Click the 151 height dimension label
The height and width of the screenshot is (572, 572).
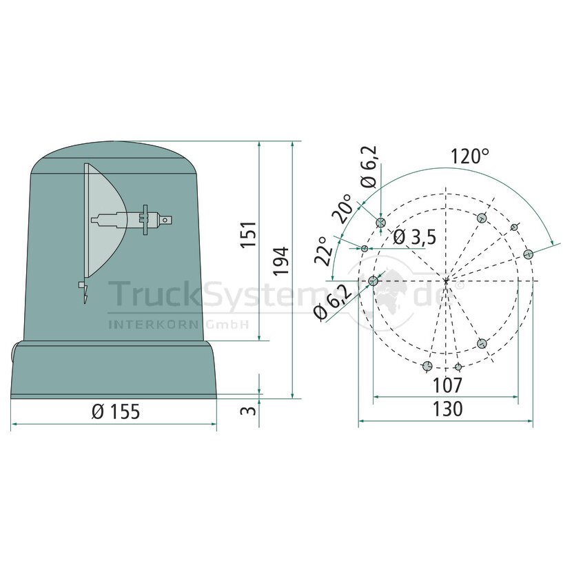tap(249, 234)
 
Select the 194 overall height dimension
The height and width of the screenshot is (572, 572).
tap(282, 261)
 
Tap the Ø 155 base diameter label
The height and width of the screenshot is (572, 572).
tap(116, 412)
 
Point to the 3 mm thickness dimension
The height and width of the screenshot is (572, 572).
tap(248, 410)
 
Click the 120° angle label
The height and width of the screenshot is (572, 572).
tap(469, 156)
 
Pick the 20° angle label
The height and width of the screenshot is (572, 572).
tap(343, 208)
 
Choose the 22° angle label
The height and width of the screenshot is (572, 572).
tap(323, 251)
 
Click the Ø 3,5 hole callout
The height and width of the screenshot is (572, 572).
tap(415, 238)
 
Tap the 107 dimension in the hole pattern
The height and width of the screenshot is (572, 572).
tap(447, 385)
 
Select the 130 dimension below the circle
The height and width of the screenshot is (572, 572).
tap(447, 409)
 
